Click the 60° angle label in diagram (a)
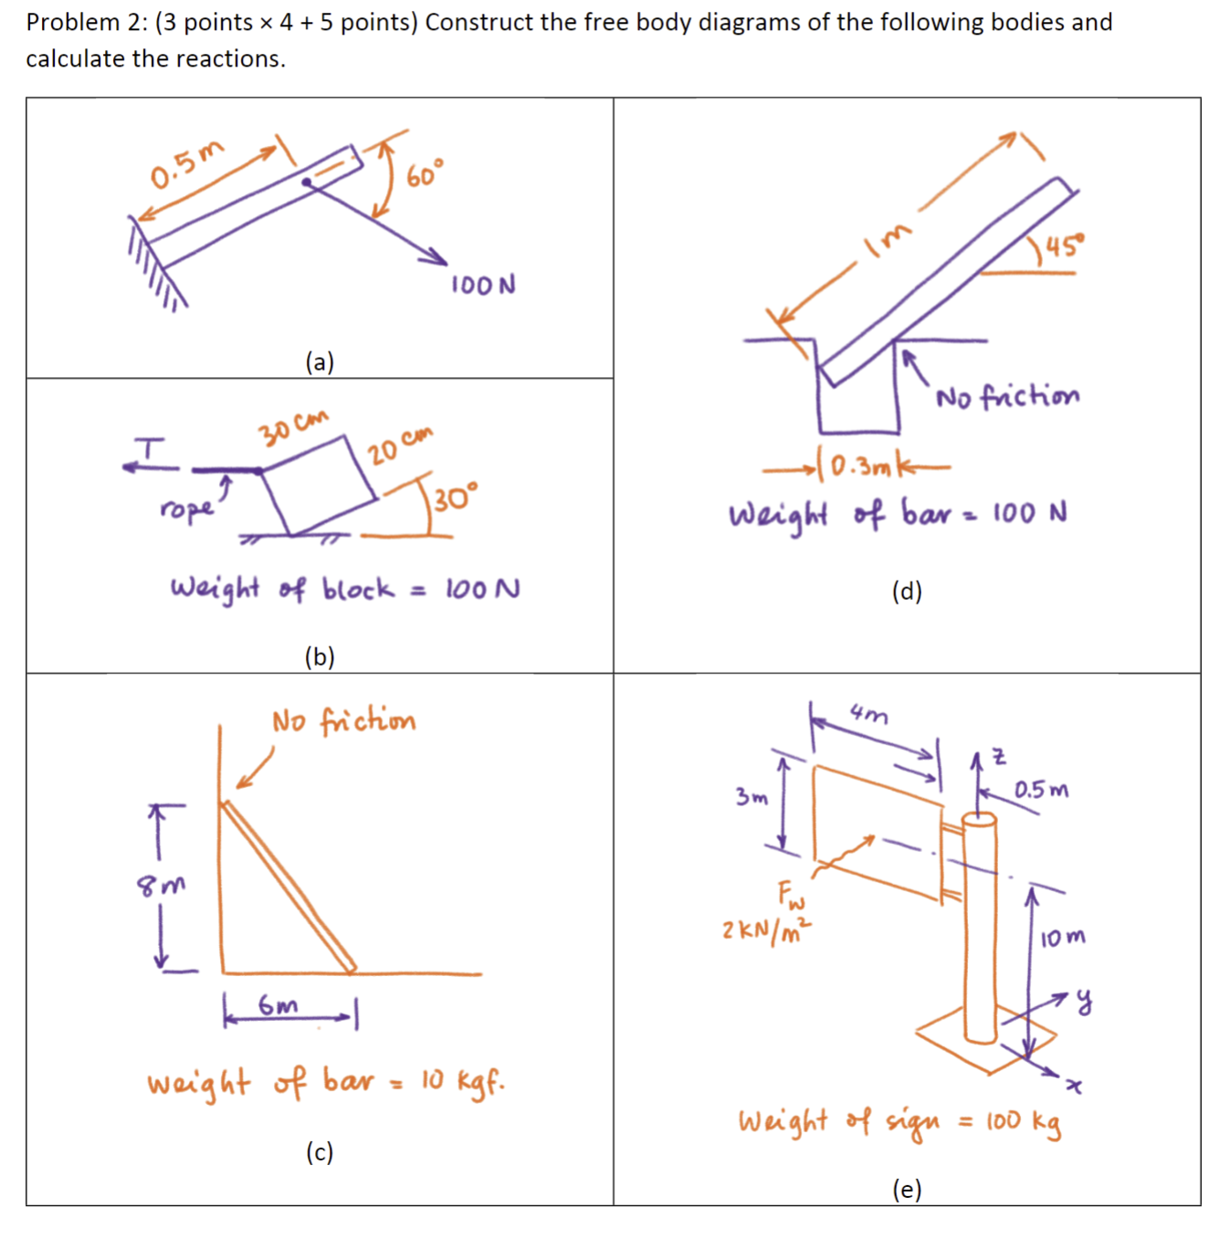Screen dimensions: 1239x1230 pos(425,173)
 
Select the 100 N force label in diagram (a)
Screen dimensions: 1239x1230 pos(483,285)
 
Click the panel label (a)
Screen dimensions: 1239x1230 pos(320,362)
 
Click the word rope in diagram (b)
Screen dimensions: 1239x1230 pos(187,508)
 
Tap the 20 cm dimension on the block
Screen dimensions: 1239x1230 pos(400,444)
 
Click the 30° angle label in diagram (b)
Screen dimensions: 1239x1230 pos(455,499)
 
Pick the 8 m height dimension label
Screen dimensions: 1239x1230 pos(161,885)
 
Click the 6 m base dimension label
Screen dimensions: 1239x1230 pos(278,1006)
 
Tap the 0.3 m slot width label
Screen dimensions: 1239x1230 pos(860,467)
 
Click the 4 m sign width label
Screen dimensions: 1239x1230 pos(868,713)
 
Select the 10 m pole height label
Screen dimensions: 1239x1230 pos(1063,938)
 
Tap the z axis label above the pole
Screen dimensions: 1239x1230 pos(999,757)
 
